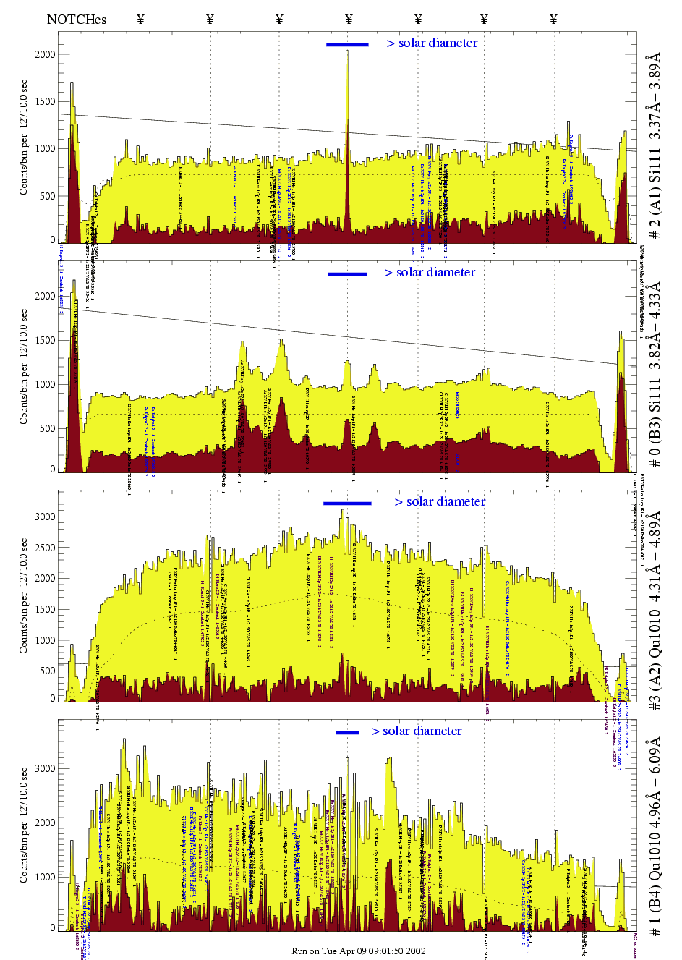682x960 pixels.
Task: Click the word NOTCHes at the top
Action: click(76, 20)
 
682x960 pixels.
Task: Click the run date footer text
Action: click(358, 951)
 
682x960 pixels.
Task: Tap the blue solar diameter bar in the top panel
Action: click(347, 45)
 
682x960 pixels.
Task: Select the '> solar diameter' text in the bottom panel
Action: click(417, 731)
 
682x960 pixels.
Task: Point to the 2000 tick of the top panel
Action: click(45, 54)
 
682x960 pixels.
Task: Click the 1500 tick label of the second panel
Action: click(45, 340)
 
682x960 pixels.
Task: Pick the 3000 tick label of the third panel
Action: click(45, 517)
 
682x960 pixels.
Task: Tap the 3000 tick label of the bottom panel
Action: click(45, 768)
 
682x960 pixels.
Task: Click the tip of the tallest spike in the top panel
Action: click(347, 51)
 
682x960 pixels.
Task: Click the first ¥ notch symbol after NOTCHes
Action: click(140, 20)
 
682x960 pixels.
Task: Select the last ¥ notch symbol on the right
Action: click(553, 20)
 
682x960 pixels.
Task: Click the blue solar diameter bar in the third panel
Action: click(347, 504)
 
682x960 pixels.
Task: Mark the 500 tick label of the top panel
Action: click(47, 196)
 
